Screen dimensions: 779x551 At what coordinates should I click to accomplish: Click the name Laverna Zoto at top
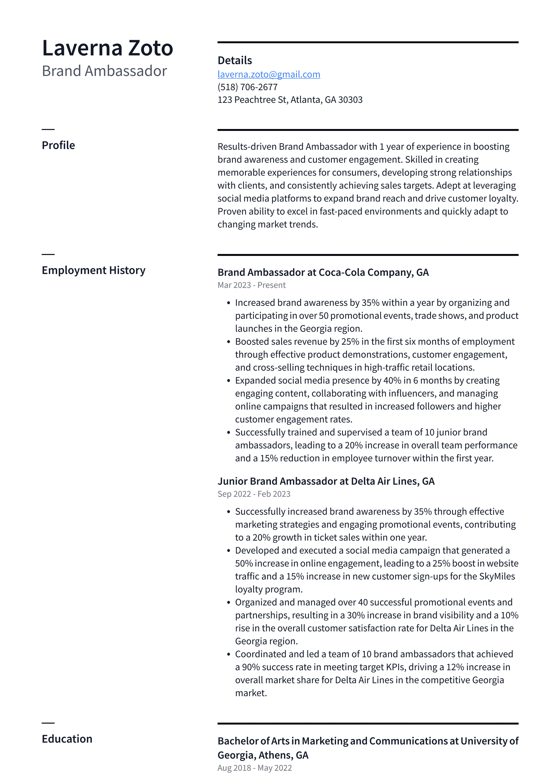[107, 48]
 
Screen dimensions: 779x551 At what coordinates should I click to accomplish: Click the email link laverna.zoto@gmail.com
[269, 74]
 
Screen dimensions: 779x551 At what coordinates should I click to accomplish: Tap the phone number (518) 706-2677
[247, 87]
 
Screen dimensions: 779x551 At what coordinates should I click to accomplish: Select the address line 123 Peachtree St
[290, 100]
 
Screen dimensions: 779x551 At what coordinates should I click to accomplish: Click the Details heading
[234, 60]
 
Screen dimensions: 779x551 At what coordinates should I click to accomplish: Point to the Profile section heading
[58, 145]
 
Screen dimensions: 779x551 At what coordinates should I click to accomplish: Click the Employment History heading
[93, 270]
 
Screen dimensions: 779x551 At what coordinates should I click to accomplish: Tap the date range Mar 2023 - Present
[251, 285]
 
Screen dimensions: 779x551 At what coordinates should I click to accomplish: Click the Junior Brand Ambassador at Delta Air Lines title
[326, 481]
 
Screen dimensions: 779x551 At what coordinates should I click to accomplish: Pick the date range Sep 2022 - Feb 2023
[254, 494]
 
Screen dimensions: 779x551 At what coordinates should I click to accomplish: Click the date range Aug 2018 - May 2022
[255, 768]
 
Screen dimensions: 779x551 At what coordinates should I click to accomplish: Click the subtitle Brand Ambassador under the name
[104, 71]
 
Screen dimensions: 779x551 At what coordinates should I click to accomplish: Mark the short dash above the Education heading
[48, 723]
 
